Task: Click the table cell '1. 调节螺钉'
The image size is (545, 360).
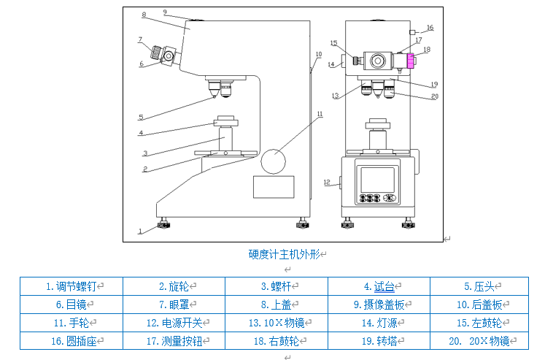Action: (71, 287)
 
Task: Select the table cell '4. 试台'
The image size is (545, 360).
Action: (379, 287)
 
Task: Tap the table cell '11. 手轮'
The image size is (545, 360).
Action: (71, 322)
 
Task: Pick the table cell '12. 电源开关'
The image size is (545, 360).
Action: (174, 322)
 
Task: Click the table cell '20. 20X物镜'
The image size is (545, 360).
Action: (479, 340)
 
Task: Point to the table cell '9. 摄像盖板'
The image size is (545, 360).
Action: (379, 305)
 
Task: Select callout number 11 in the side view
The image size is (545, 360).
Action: (319, 114)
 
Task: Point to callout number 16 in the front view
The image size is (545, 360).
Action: (430, 28)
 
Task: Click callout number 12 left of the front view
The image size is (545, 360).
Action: (327, 182)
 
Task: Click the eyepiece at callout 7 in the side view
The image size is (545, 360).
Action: (157, 53)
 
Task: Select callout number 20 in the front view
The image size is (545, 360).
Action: (434, 96)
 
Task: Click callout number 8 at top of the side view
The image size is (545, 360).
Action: (144, 15)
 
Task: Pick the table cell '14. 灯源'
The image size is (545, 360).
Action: (379, 322)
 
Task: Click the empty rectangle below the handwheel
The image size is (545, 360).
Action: (274, 187)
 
